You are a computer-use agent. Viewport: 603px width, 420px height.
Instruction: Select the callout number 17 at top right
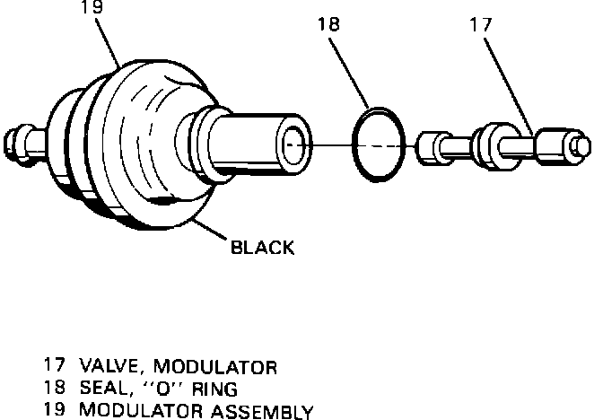point(481,26)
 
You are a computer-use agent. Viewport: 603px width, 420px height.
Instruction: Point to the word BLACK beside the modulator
point(262,247)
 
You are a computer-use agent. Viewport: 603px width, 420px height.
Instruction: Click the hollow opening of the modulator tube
point(294,144)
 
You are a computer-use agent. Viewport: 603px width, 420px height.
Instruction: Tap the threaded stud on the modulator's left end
point(19,142)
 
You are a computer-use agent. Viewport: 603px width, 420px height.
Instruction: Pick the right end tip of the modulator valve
point(581,144)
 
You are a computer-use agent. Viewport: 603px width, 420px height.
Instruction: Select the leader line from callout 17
point(507,82)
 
